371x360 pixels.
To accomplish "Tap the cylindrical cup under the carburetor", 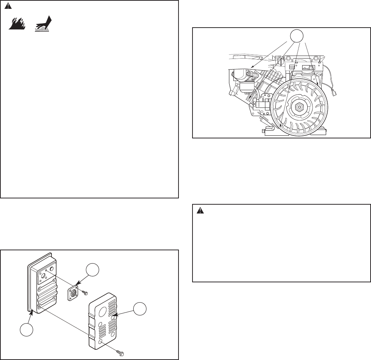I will (242, 88).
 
